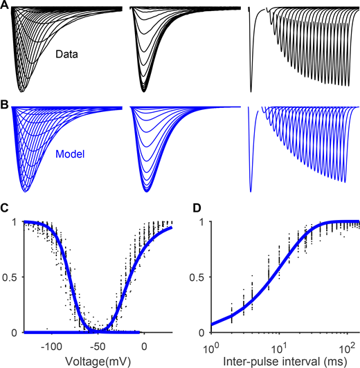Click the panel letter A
[6, 6]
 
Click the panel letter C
[6, 209]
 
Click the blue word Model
[68, 147]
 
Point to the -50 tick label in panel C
[98, 344]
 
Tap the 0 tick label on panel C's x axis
[144, 344]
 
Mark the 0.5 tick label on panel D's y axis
[199, 277]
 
